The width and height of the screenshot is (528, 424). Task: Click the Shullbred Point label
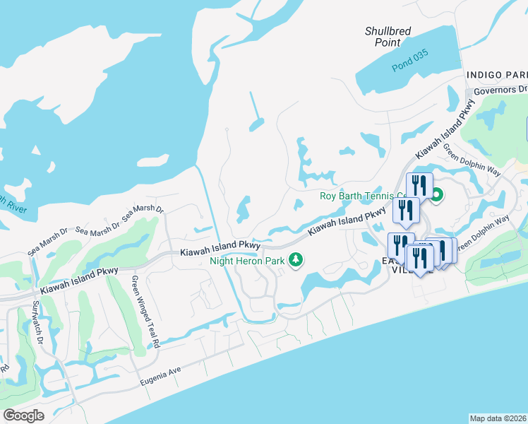(x=388, y=37)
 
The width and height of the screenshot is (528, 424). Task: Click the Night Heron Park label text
(x=246, y=261)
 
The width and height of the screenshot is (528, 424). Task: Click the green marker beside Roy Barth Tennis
(x=436, y=196)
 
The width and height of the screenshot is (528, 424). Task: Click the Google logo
(x=23, y=416)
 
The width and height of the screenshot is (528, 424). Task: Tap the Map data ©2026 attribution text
(x=498, y=418)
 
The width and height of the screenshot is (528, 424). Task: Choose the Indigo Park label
(x=497, y=75)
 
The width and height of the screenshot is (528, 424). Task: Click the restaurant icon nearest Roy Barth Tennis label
(x=421, y=186)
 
